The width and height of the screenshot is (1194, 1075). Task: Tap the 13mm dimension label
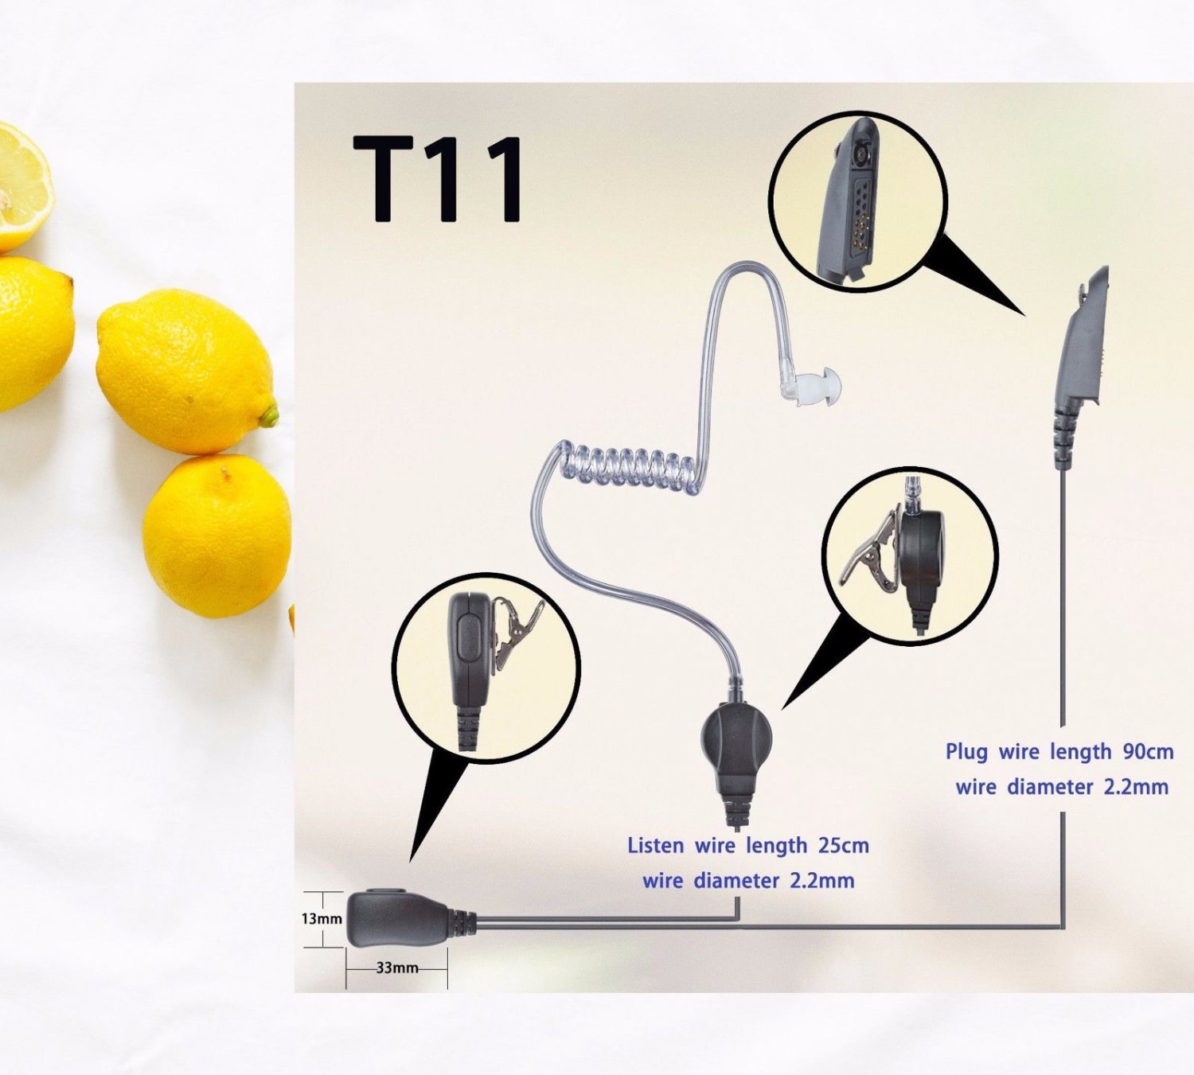tap(322, 919)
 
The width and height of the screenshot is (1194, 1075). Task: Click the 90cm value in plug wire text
tap(1148, 752)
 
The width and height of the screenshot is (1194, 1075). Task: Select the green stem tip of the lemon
tap(270, 415)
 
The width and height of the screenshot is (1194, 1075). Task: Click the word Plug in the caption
tap(966, 753)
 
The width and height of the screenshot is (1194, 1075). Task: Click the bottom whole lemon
tap(217, 536)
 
